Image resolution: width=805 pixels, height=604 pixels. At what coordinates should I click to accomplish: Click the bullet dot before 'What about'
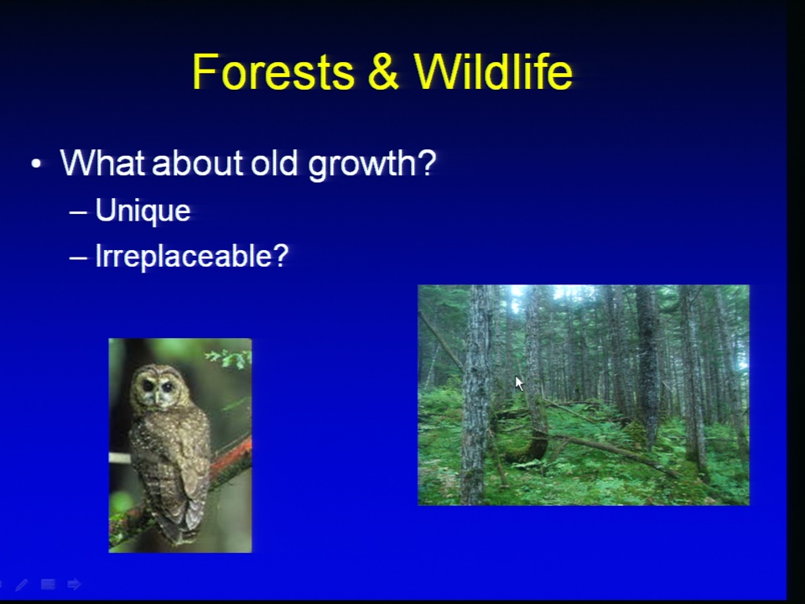tap(36, 164)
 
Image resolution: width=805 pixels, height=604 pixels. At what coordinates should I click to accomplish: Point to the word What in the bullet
tap(102, 163)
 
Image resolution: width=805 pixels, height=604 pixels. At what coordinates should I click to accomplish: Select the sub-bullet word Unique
tap(143, 211)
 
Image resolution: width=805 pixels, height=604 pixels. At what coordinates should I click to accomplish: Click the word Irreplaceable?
tap(192, 255)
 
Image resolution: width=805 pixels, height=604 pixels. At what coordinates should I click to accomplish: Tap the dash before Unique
tap(78, 212)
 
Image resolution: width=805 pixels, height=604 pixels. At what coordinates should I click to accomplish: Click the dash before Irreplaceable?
tap(78, 258)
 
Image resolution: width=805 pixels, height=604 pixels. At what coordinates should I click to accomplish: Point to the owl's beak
tap(156, 397)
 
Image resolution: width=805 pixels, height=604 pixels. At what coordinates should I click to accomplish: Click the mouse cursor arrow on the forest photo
tap(519, 383)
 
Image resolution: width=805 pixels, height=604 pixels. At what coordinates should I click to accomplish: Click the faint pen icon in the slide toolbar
tap(22, 585)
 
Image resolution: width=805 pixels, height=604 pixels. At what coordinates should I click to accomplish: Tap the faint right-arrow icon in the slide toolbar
tap(75, 584)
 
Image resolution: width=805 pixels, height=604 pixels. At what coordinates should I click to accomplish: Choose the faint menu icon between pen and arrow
tap(48, 584)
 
